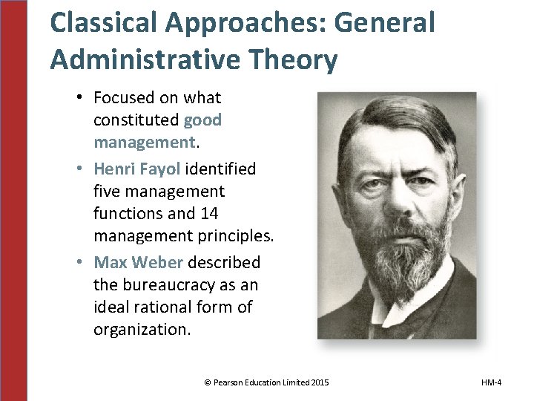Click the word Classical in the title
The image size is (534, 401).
[x=102, y=24]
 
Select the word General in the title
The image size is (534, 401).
[x=383, y=24]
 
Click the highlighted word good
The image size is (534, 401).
[x=202, y=120]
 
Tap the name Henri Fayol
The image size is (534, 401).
[x=138, y=169]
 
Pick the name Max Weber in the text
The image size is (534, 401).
[x=139, y=262]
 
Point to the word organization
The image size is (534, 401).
[x=140, y=329]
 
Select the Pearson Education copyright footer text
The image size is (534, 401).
[x=266, y=382]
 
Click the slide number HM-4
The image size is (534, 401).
[x=491, y=382]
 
